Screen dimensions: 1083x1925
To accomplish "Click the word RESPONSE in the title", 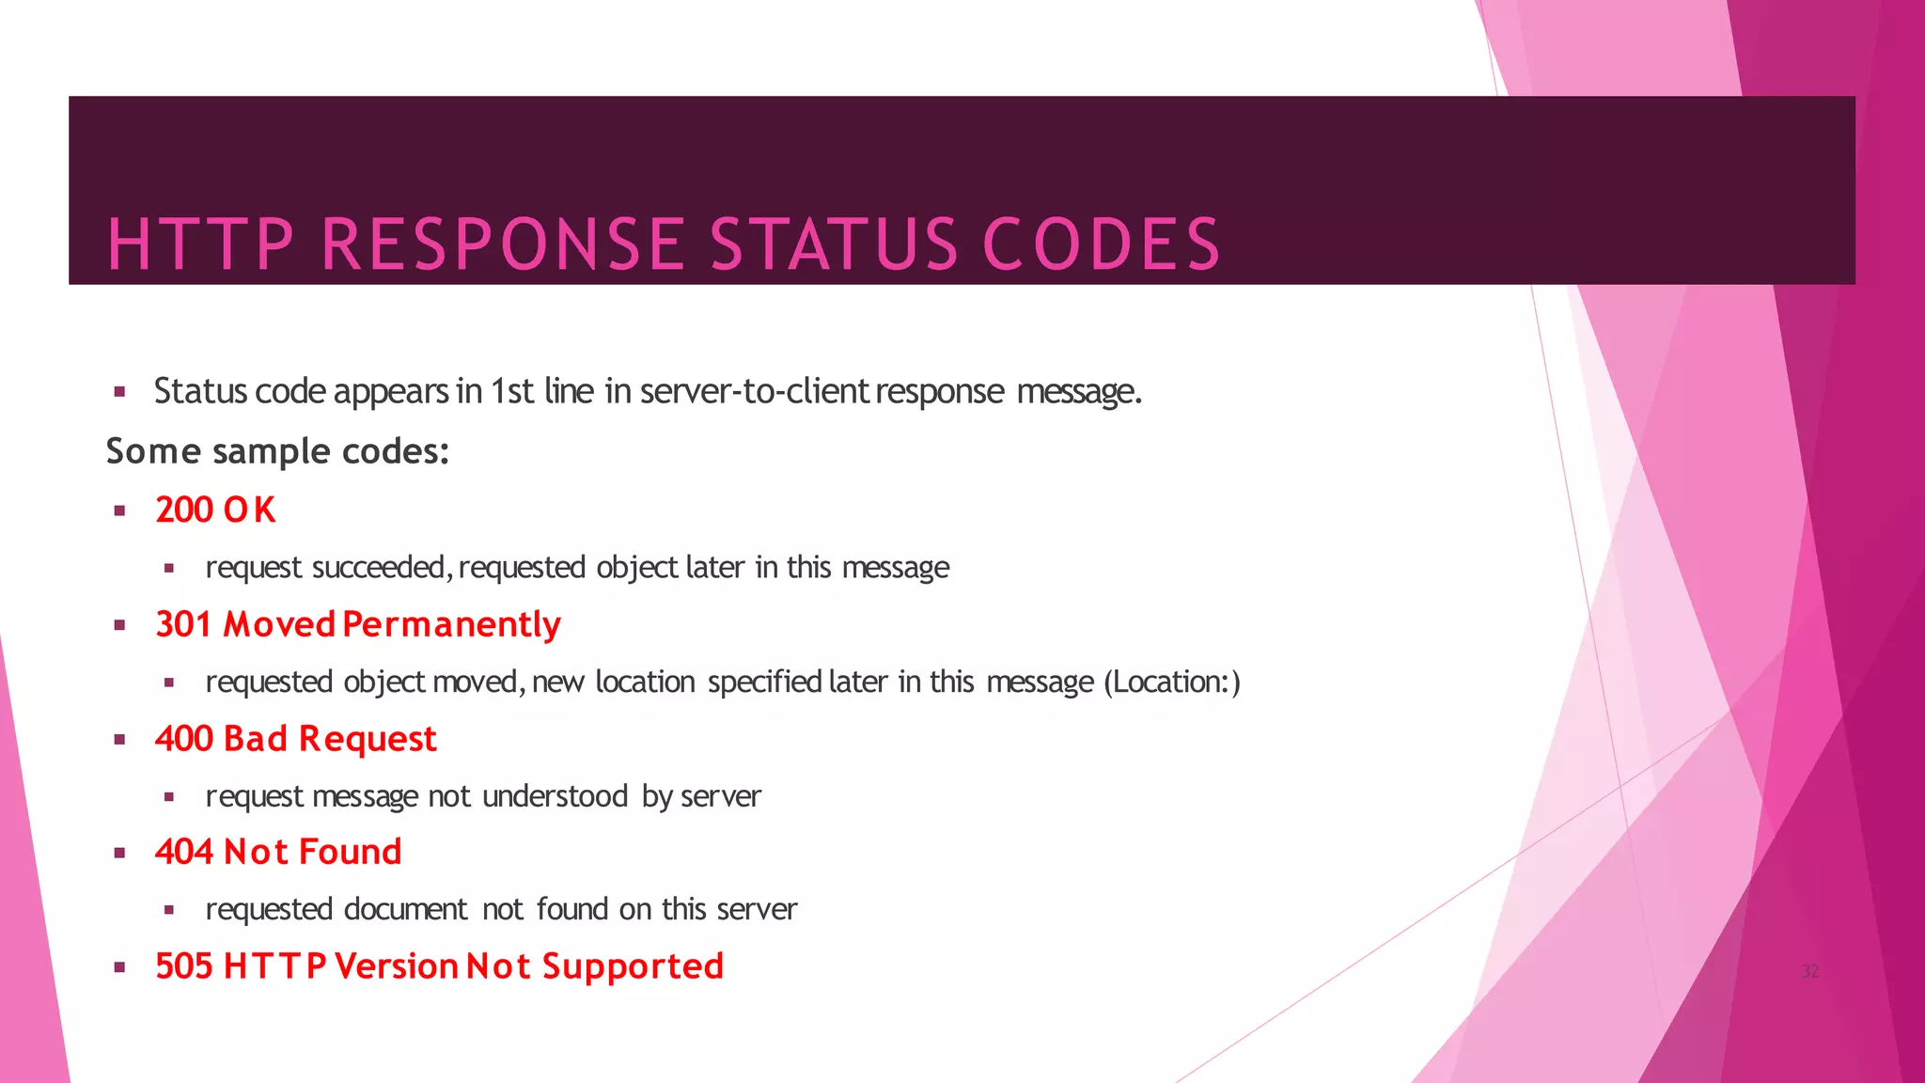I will tap(502, 244).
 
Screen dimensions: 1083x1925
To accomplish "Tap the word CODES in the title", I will tap(1101, 244).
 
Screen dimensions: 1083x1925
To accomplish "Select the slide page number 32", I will tap(1810, 971).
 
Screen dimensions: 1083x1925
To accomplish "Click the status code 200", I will tap(184, 510).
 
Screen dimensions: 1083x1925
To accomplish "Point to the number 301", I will tap(183, 624).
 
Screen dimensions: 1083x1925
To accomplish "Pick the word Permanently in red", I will tap(451, 625).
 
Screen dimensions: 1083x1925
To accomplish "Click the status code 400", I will tap(184, 739).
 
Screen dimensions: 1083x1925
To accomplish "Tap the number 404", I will tap(184, 852).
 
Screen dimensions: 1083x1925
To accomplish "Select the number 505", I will tap(184, 966).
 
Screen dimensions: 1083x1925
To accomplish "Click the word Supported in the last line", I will tap(633, 967).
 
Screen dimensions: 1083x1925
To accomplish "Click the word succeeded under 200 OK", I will tap(383, 568).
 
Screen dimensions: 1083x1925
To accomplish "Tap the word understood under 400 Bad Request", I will tap(555, 796).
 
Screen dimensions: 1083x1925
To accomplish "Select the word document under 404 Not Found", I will tap(405, 909).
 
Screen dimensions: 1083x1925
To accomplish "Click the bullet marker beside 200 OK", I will tap(119, 511).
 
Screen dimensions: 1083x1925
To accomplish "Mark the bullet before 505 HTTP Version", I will tap(119, 967).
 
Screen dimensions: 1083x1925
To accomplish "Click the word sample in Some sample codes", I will tap(272, 452).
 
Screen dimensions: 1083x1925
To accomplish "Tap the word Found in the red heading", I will tap(350, 852).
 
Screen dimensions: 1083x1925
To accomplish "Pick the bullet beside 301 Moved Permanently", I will tap(119, 625).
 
